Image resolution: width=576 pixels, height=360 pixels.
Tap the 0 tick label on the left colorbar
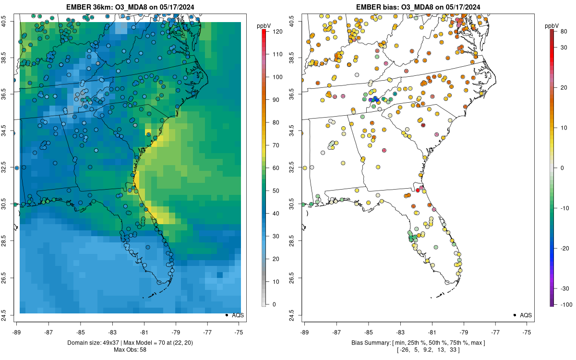point(274,304)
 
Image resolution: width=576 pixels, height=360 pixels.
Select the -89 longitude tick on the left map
point(16,332)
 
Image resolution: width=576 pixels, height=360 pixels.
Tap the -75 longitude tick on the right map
point(527,332)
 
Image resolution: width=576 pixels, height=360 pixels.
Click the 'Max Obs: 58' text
point(131,349)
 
